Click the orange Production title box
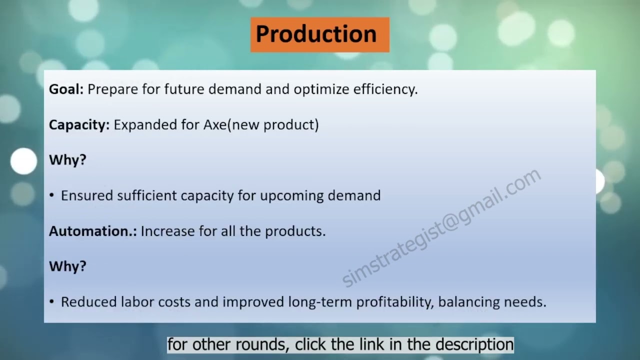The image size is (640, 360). point(319,34)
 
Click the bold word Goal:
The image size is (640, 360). point(66,89)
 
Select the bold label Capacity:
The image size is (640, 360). point(79,124)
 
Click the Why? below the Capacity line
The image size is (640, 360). point(67,160)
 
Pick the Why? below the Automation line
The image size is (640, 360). point(67,266)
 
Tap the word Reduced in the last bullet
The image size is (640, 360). point(88,302)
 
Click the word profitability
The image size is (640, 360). point(394,302)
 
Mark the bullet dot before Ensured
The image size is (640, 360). point(52,195)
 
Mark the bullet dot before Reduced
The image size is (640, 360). point(52,302)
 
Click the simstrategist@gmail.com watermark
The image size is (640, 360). point(441,228)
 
